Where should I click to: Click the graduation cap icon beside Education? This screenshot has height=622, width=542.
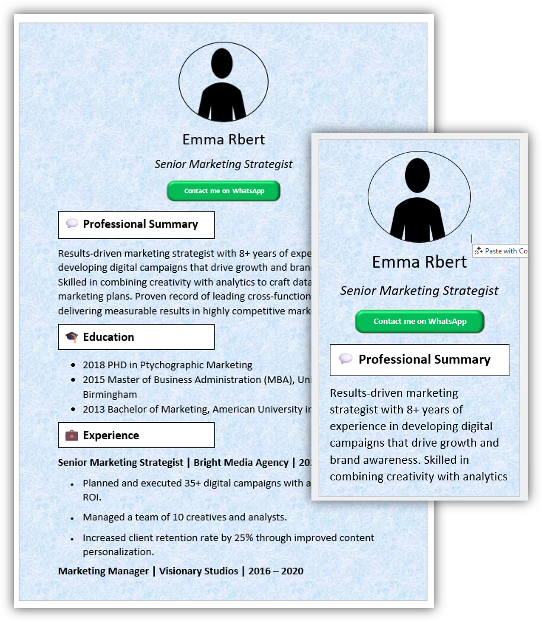coord(72,337)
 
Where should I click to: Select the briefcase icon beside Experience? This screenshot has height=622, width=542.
coord(72,435)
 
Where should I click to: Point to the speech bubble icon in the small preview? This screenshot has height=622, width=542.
coord(346,359)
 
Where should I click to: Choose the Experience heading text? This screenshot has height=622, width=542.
coord(111,435)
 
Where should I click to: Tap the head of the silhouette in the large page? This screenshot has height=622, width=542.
coord(222,64)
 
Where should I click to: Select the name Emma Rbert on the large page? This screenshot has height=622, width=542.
coord(224,140)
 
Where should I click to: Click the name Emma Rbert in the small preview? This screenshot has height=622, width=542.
coord(419,262)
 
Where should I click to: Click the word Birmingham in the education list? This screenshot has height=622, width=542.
coord(110,395)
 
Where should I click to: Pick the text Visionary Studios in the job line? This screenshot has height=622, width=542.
coord(198,571)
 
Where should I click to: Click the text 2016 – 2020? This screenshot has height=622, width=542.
coord(275,571)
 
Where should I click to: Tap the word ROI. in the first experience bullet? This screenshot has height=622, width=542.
coord(92,497)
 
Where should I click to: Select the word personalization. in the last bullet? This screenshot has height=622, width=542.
coord(118,552)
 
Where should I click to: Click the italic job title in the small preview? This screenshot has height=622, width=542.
coord(419,291)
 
